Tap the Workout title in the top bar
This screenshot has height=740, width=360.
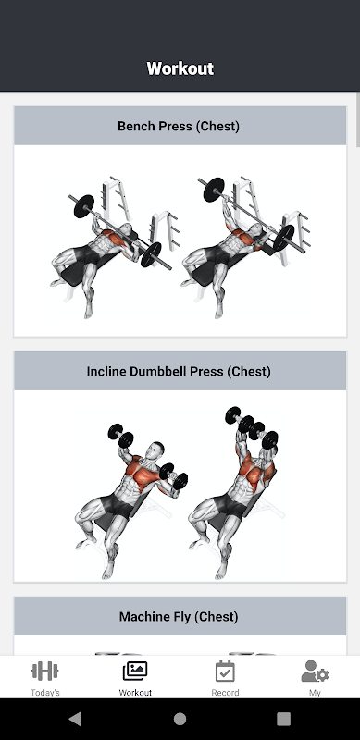tap(180, 68)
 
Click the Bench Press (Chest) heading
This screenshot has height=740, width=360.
tap(179, 126)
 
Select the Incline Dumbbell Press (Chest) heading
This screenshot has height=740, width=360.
tap(179, 372)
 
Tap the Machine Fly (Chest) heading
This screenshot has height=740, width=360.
tap(179, 616)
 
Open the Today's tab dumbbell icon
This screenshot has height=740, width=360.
tap(44, 672)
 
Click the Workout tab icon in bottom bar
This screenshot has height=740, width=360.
tap(135, 672)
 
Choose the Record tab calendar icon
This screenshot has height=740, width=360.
tap(225, 672)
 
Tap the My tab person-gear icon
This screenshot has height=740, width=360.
tap(315, 672)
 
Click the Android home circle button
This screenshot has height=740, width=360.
tap(180, 719)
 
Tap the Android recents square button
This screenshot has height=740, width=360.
tap(283, 719)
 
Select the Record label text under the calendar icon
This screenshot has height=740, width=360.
tap(225, 693)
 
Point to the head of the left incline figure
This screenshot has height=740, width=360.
tap(155, 450)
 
